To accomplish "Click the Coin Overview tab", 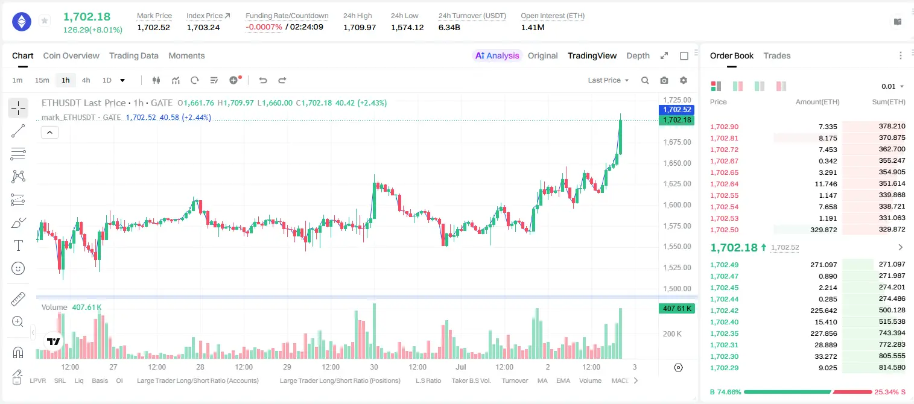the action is pos(71,55).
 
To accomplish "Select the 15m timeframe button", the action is pos(42,80).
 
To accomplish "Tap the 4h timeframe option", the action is pos(86,80).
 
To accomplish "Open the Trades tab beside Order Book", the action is pos(777,55).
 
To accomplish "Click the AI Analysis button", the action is pos(497,55).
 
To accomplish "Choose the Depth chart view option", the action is pos(638,55).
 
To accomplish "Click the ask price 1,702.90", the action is pos(725,127).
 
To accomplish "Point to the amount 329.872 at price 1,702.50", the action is pos(824,230).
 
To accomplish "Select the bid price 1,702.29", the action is pos(725,368).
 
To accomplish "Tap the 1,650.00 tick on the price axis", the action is pos(677,163).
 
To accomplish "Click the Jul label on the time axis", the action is pos(461,367).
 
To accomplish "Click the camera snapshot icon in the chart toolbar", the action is pos(664,80).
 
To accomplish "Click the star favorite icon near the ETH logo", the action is pos(45,21).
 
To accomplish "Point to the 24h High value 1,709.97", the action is pos(360,27).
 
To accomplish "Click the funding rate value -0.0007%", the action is pos(264,27).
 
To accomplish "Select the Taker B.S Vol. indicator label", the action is pos(471,380).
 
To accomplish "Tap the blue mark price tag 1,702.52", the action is pos(676,110).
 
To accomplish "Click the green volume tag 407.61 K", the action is pos(676,309).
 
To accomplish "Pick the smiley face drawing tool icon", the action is pos(18,268).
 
